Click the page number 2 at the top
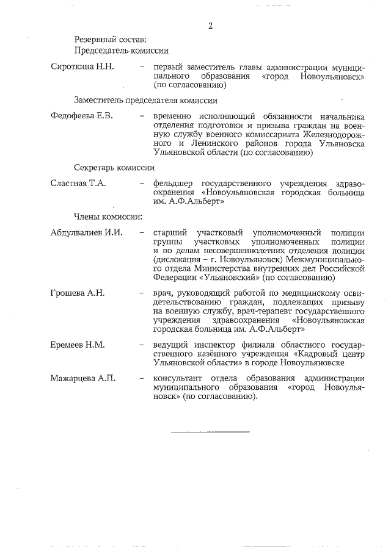(210, 26)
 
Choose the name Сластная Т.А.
(78, 182)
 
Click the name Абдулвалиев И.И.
(87, 232)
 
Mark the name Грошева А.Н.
(78, 293)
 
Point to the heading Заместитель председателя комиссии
(146, 100)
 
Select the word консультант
(178, 378)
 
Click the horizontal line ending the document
(210, 432)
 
